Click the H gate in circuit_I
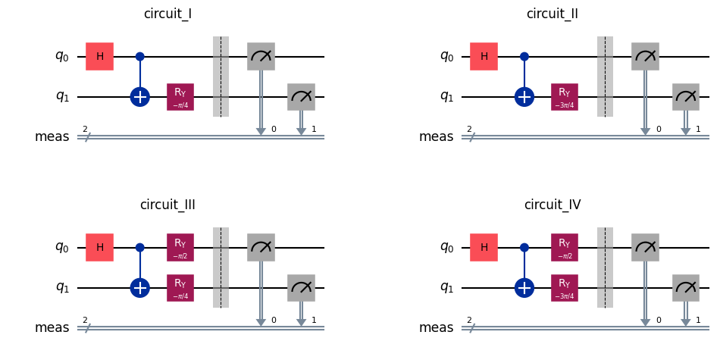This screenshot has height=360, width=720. click(x=99, y=57)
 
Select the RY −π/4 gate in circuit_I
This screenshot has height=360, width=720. click(x=180, y=97)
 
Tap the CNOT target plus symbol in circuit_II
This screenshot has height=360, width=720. click(x=524, y=97)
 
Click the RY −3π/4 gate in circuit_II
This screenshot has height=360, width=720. click(x=565, y=97)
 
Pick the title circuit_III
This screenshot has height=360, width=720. click(x=167, y=205)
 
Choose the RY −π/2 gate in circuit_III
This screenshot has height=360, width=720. click(x=180, y=247)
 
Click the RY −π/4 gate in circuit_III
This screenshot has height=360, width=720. click(x=180, y=288)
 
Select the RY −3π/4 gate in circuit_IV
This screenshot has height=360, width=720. click(x=565, y=288)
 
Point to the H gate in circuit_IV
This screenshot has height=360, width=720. click(x=484, y=247)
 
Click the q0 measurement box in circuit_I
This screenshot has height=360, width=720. click(x=261, y=57)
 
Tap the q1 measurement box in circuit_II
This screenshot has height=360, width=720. click(x=686, y=97)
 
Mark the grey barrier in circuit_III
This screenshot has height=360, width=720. click(x=221, y=268)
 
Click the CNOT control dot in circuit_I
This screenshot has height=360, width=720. click(x=140, y=57)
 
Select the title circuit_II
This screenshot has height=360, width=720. click(x=552, y=14)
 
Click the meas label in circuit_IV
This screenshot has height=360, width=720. click(x=436, y=327)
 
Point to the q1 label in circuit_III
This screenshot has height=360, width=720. click(x=62, y=288)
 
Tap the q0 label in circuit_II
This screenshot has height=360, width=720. click(x=446, y=57)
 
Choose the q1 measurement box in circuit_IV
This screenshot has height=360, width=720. click(x=686, y=288)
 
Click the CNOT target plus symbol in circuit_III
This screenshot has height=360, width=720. click(x=140, y=288)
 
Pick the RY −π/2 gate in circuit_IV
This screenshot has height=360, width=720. click(x=565, y=247)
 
